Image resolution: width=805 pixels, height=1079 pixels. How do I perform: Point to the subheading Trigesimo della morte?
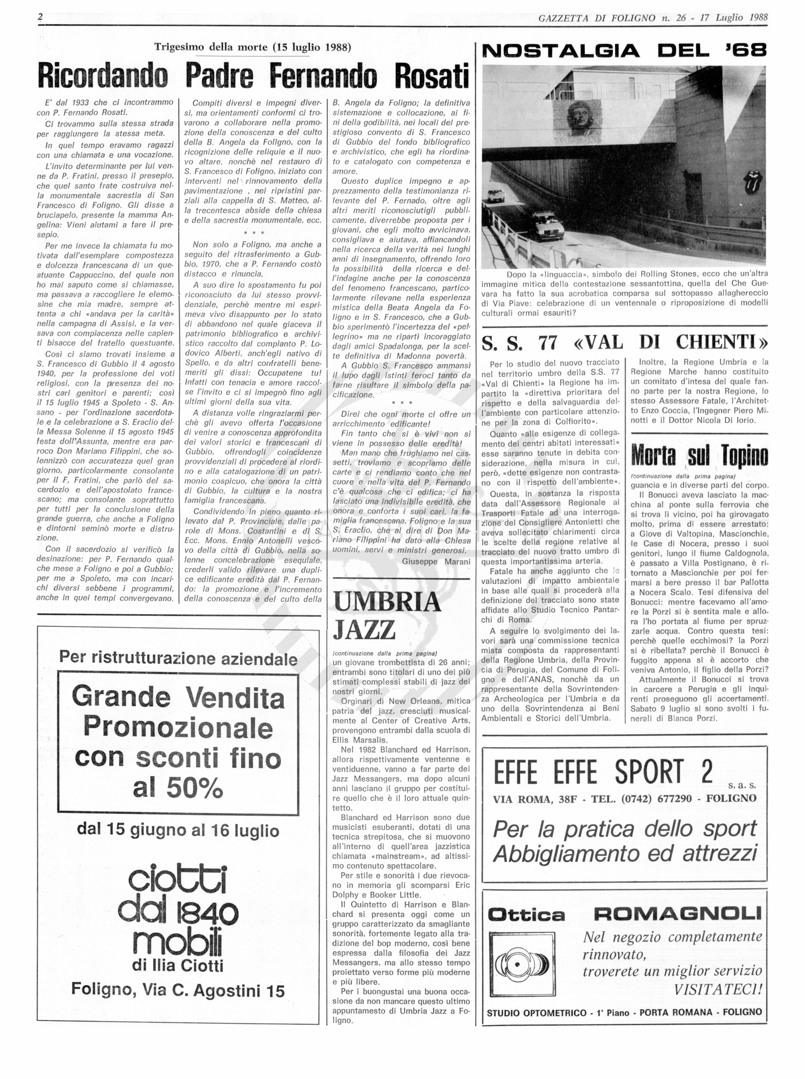click(x=252, y=47)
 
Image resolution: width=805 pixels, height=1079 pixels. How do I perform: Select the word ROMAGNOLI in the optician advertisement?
click(x=677, y=913)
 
